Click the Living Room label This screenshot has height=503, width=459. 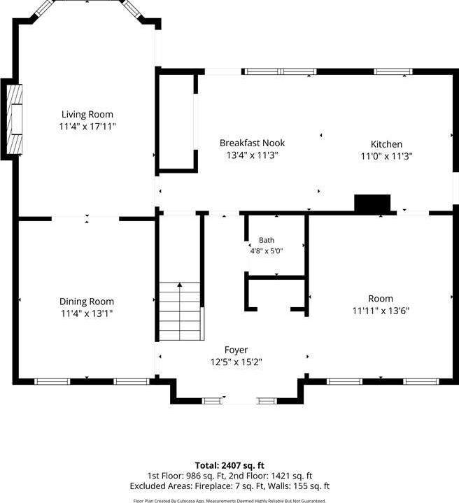[x=87, y=115]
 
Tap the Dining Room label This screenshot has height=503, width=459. [x=87, y=302]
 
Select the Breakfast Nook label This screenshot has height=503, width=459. [x=252, y=143]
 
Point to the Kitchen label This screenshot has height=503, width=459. [x=386, y=144]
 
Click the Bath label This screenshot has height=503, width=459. [x=267, y=240]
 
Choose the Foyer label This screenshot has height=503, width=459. [x=236, y=350]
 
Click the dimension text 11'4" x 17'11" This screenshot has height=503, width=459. [x=87, y=127]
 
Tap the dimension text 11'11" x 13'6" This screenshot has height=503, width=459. [x=381, y=311]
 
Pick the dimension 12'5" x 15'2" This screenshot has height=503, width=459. [x=236, y=362]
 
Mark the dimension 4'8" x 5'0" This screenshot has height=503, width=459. [x=266, y=251]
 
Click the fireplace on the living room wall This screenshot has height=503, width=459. [x=15, y=119]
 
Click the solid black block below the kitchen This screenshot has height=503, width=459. [x=372, y=203]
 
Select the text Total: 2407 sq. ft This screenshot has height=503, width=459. [x=229, y=465]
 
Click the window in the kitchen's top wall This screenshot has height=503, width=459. [x=393, y=71]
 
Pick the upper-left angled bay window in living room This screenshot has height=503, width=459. [x=44, y=8]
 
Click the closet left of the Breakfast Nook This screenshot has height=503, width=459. [x=177, y=122]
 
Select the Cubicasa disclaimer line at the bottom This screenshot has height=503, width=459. [x=229, y=500]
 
